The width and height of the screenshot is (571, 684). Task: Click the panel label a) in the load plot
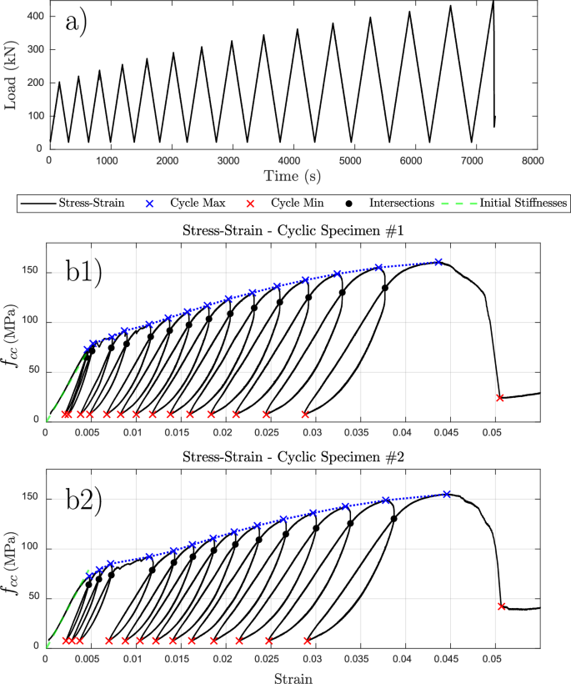click(x=83, y=24)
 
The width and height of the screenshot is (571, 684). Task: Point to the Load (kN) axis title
click(x=11, y=76)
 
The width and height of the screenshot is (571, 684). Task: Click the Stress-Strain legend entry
click(x=83, y=203)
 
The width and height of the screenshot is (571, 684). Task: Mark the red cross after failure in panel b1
click(x=500, y=398)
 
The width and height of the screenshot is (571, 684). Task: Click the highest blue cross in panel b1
click(x=438, y=262)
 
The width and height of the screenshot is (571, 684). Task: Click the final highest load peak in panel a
click(x=493, y=3)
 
